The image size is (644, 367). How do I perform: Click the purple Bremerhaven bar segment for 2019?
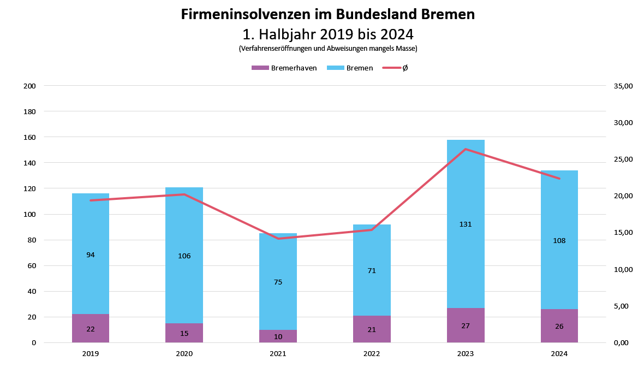pos(91,328)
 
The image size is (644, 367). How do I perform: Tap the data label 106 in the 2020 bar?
pos(184,256)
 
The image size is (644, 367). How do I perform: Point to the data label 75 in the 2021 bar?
pos(278,282)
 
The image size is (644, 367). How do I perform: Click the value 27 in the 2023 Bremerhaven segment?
pos(466,326)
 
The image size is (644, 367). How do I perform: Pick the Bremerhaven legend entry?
pos(284,68)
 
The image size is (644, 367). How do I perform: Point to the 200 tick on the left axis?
pos(30,86)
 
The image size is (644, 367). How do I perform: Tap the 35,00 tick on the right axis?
pos(623,86)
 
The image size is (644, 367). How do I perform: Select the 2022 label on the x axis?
pos(372,354)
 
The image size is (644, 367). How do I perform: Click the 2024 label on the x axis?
pos(559,354)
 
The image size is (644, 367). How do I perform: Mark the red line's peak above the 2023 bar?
pos(466,149)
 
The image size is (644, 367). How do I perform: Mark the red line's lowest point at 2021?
pos(278,239)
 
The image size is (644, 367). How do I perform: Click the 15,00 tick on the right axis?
pos(623,233)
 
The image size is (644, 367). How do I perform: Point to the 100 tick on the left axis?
pos(30,214)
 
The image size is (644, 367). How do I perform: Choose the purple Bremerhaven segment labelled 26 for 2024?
pos(559,326)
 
